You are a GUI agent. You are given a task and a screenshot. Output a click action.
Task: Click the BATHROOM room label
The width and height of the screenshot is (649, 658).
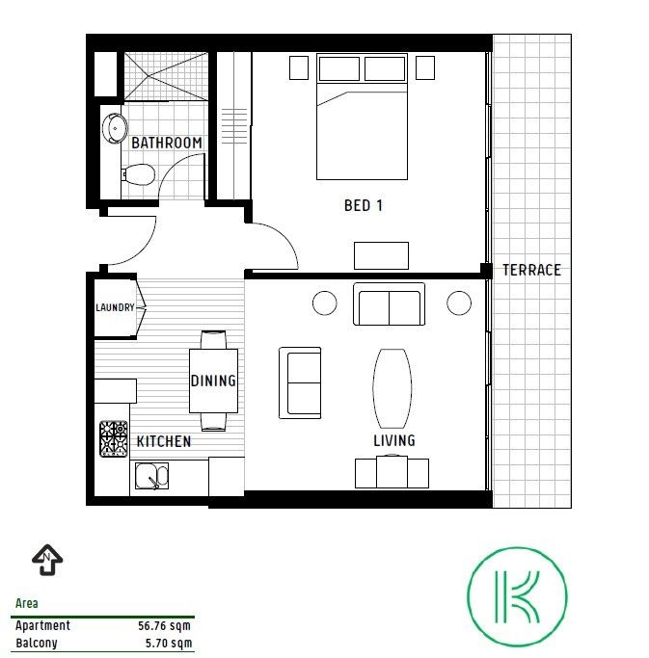(x=167, y=143)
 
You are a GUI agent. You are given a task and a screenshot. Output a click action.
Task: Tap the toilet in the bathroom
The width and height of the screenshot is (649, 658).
(x=138, y=174)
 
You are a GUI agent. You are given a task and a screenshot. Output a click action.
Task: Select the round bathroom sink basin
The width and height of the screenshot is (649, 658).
(x=115, y=128)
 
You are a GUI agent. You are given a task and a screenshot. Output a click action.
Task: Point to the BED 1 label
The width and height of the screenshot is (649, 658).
(x=364, y=205)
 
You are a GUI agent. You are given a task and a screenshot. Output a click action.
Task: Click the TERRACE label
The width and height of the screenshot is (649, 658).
(x=531, y=270)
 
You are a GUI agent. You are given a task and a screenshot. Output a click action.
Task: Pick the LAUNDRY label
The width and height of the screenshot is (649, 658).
(x=115, y=307)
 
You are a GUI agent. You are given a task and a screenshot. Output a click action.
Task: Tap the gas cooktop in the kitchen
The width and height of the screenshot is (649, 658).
(x=114, y=439)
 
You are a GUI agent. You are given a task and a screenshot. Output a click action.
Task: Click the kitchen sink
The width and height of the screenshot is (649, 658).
(x=151, y=476)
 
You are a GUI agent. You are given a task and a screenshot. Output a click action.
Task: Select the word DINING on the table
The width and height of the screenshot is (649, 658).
(x=213, y=381)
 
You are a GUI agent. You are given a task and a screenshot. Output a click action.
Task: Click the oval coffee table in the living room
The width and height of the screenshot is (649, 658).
(x=392, y=388)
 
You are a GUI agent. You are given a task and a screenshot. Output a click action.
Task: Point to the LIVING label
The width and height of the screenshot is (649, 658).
(x=394, y=440)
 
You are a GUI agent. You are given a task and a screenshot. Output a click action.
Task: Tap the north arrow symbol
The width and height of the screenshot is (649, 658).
(x=47, y=560)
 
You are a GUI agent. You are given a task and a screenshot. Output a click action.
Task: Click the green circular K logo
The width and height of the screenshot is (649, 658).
(x=517, y=596)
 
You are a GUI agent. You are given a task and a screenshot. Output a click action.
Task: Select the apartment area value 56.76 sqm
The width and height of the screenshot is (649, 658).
(x=164, y=625)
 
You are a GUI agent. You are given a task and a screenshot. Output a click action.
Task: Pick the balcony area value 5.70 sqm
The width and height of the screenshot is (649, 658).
(x=169, y=643)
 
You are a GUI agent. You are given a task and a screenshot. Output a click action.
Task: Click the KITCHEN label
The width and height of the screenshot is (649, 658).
(x=164, y=441)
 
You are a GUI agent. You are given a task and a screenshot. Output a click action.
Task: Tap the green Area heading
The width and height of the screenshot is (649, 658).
(x=26, y=603)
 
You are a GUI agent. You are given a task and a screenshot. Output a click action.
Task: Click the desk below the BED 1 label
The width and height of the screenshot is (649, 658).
(x=381, y=255)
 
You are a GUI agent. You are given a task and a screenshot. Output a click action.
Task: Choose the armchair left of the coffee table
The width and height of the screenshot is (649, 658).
(x=300, y=382)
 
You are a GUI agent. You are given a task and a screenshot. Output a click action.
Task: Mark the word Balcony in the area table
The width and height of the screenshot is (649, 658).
(x=36, y=643)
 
